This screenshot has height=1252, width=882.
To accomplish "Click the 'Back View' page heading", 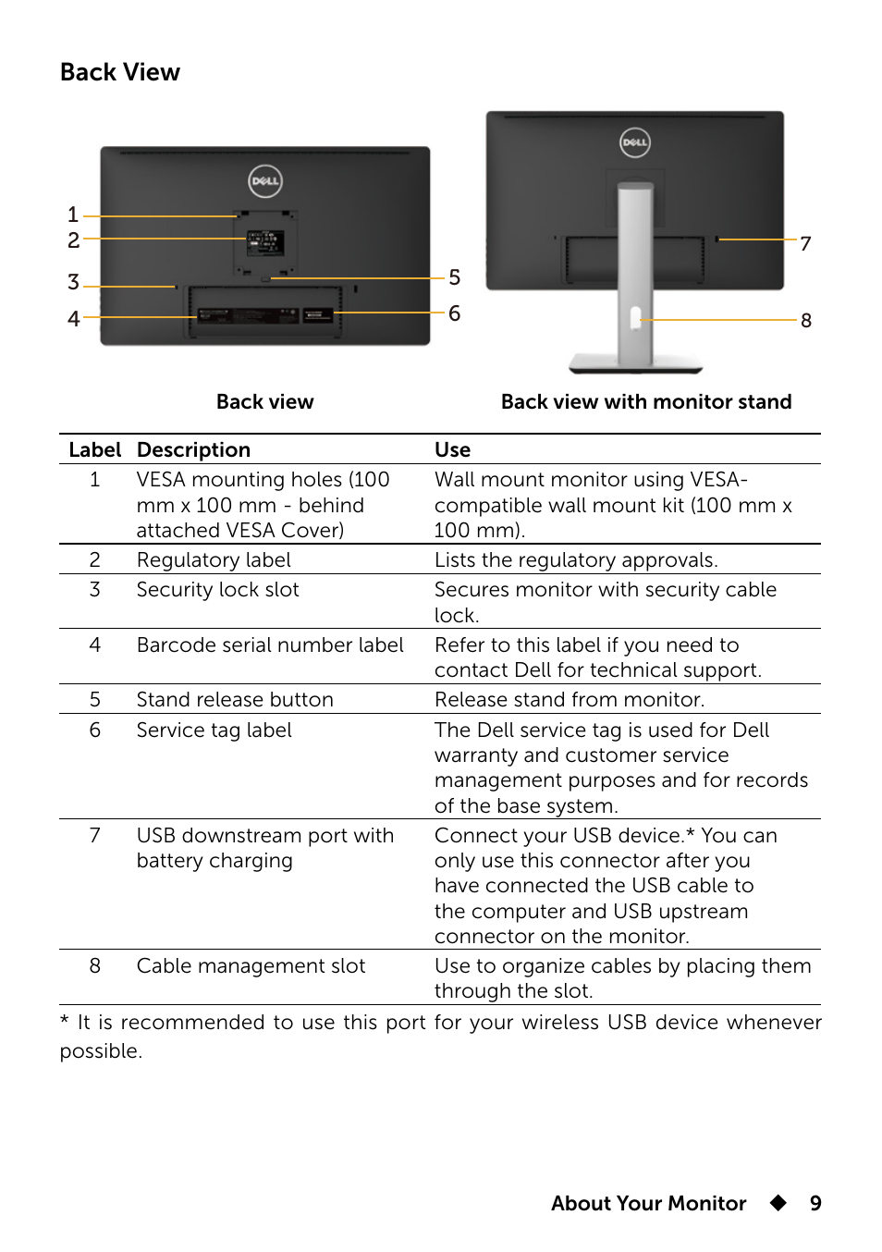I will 120,72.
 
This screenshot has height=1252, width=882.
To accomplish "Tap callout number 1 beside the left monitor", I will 73,215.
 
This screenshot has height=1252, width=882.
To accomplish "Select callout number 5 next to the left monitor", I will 454,277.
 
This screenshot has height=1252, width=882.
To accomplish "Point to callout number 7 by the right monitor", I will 805,243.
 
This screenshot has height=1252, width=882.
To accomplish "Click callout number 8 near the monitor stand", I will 806,320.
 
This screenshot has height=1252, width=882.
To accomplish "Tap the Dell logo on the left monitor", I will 265,181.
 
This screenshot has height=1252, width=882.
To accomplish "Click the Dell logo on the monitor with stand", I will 635,142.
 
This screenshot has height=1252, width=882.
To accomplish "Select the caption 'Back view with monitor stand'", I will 646,401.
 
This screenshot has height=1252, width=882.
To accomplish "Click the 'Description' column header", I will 193,449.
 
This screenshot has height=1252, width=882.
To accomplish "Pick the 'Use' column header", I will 452,449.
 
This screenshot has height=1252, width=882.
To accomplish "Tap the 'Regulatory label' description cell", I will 214,560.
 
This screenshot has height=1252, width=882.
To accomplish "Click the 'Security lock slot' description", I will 218,590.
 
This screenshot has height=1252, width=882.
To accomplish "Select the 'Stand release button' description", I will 235,700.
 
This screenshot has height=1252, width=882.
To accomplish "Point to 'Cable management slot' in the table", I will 251,966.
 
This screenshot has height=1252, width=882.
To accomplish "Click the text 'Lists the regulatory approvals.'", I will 576,560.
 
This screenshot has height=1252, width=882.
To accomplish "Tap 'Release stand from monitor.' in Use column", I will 570,700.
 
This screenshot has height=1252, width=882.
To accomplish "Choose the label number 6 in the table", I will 94,730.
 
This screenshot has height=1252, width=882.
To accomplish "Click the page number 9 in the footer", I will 815,1203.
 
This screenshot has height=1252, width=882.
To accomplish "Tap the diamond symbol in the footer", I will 778,1203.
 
